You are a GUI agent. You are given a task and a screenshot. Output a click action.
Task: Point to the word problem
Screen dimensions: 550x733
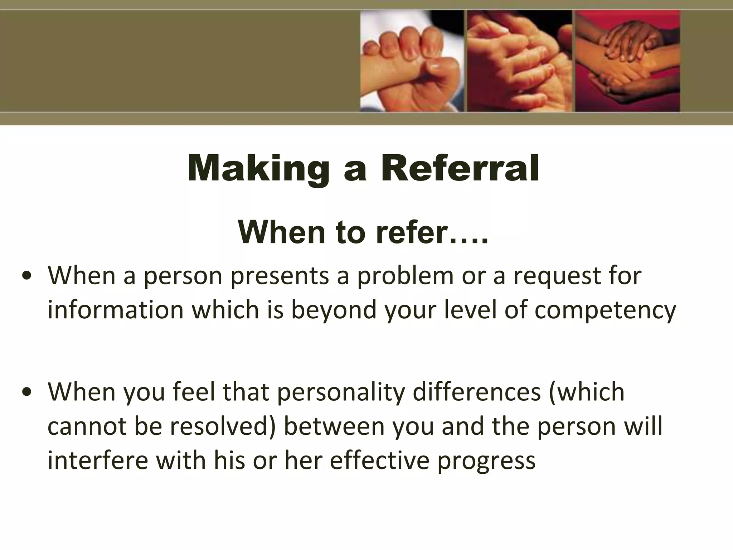406,276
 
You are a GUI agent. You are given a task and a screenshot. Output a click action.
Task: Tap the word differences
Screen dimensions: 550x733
476,391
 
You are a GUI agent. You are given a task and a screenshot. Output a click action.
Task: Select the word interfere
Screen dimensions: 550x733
97,460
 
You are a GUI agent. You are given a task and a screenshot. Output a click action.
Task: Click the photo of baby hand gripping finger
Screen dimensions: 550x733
412,61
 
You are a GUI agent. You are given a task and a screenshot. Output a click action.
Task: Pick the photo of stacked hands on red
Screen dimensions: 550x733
627,61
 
